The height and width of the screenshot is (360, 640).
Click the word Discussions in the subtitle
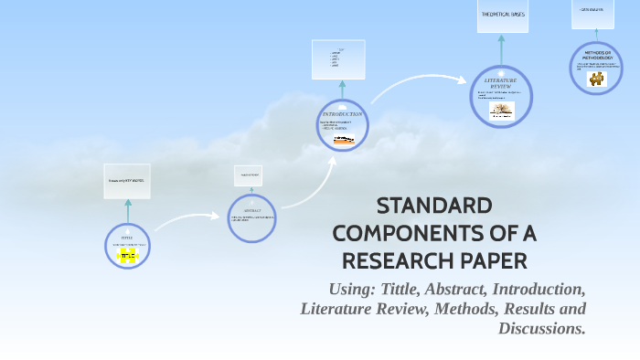(x=541, y=328)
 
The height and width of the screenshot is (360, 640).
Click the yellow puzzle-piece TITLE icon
(x=127, y=257)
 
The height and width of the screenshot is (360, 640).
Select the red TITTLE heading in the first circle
(x=127, y=237)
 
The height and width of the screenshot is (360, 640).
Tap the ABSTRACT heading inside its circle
(x=253, y=209)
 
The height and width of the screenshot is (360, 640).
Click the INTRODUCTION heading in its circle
(x=342, y=114)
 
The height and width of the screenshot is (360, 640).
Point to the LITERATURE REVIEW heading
(x=501, y=83)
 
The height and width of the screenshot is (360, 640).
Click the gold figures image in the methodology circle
(x=597, y=79)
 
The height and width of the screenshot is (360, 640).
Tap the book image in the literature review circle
(x=501, y=111)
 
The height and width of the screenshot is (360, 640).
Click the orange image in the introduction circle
(x=344, y=140)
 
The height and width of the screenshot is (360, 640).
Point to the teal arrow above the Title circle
(x=128, y=209)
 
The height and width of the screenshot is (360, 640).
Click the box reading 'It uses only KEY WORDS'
(x=126, y=181)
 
